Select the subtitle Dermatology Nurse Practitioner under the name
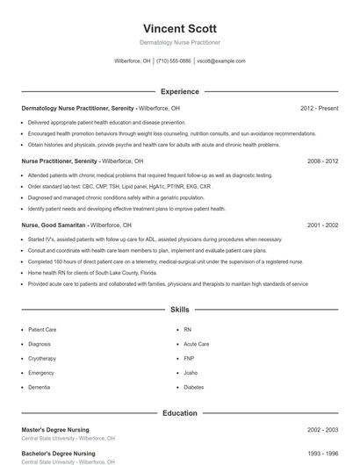(x=179, y=42)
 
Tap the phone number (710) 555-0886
(x=173, y=61)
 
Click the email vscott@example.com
(x=221, y=61)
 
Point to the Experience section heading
(x=179, y=91)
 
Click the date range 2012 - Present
(x=319, y=108)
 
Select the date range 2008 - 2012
(x=322, y=161)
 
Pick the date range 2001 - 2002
(x=322, y=225)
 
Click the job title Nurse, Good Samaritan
(x=54, y=225)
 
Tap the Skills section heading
(x=179, y=310)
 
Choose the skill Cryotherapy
(x=42, y=358)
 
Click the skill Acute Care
(x=196, y=344)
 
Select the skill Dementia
(x=40, y=387)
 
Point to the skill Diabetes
(x=194, y=387)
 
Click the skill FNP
(x=189, y=358)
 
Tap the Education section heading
(x=179, y=412)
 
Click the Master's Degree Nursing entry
(x=55, y=430)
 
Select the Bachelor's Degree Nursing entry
(x=58, y=454)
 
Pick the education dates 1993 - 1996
(x=322, y=454)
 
